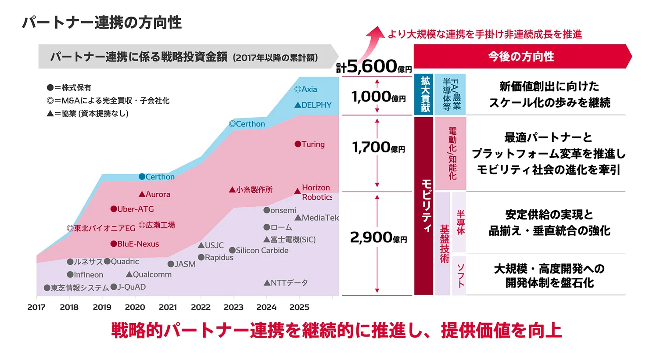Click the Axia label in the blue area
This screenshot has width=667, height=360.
click(x=306, y=89)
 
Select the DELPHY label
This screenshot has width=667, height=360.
click(x=313, y=105)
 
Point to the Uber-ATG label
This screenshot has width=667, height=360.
click(x=132, y=209)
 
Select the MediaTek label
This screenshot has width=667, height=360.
click(x=317, y=217)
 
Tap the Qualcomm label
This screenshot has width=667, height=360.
click(x=149, y=274)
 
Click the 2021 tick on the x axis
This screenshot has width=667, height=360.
click(x=168, y=307)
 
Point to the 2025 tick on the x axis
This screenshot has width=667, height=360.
click(x=299, y=307)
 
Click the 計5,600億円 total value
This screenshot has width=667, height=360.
click(x=374, y=67)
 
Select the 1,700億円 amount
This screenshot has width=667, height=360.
click(x=378, y=148)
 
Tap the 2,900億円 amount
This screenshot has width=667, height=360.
click(x=378, y=238)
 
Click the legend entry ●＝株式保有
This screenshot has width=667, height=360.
click(x=69, y=87)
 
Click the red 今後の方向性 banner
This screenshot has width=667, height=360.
click(x=521, y=56)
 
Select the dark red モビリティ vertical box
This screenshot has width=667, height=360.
click(x=424, y=205)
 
